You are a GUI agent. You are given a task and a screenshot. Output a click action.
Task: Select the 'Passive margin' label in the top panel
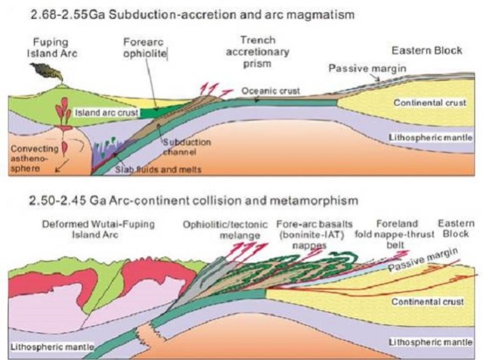point(358,69)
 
